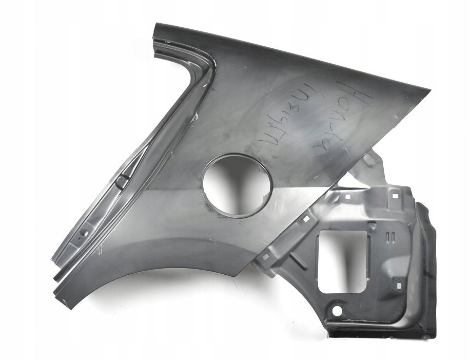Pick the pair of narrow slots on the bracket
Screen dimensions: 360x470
pos(390,237)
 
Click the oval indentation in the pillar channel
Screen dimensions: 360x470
pos(123,181)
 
